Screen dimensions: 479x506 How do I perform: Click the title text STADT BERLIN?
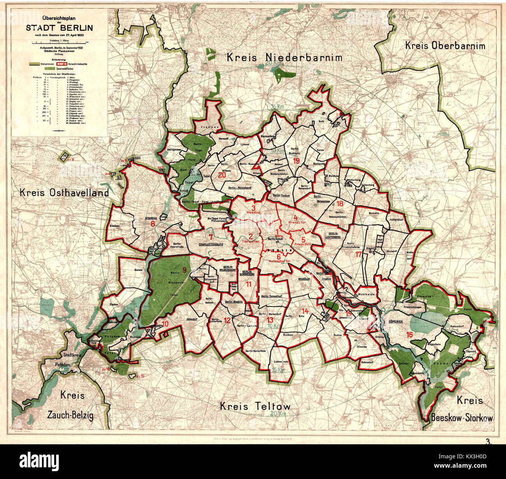59,28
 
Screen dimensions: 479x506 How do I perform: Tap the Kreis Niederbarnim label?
285,58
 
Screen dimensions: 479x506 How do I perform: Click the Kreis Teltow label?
255,407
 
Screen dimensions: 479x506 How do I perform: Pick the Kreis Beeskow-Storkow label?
462,409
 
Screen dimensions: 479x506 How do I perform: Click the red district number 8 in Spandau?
153,224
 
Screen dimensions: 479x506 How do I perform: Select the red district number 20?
222,175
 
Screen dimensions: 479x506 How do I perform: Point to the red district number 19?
297,161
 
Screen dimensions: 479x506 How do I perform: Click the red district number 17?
358,255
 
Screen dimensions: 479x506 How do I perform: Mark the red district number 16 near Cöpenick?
409,334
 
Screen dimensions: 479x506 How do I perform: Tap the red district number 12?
227,320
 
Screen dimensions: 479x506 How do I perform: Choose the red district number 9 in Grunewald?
184,269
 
